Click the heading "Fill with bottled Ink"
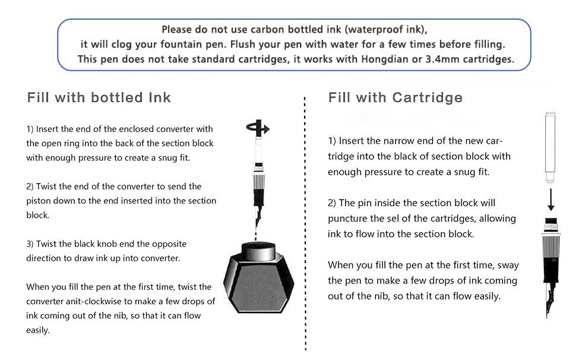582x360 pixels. click(99, 97)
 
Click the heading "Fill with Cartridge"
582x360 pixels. click(396, 97)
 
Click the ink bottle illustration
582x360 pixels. click(258, 277)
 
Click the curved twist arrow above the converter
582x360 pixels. click(258, 128)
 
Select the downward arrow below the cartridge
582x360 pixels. click(551, 200)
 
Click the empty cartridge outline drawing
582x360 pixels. click(550, 147)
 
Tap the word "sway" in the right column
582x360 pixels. click(508, 266)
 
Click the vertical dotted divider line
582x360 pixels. click(305, 223)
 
